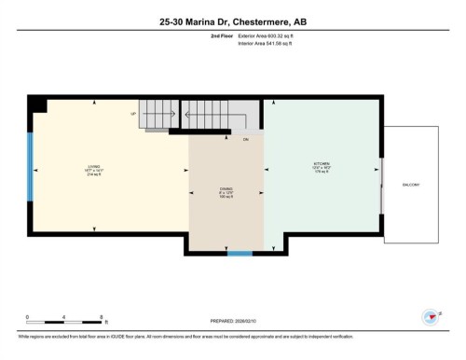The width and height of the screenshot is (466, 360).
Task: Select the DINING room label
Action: [226, 189]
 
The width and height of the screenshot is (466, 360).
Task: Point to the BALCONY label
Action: [412, 185]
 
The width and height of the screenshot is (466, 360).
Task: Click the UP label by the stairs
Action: [134, 113]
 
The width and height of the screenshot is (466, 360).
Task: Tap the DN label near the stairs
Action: [246, 140]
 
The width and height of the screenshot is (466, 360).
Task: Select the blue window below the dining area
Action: [240, 253]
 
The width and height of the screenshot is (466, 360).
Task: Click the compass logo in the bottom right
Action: [431, 316]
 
